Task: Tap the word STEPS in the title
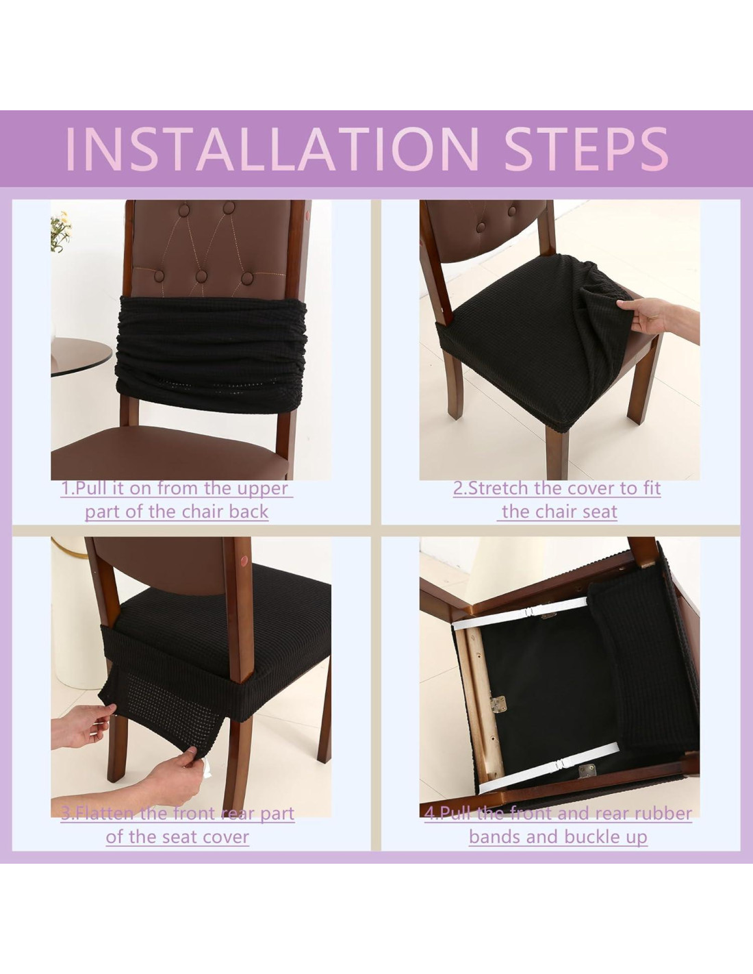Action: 587,149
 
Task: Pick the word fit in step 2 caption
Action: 652,488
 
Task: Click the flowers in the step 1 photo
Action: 61,231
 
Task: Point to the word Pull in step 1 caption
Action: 88,488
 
